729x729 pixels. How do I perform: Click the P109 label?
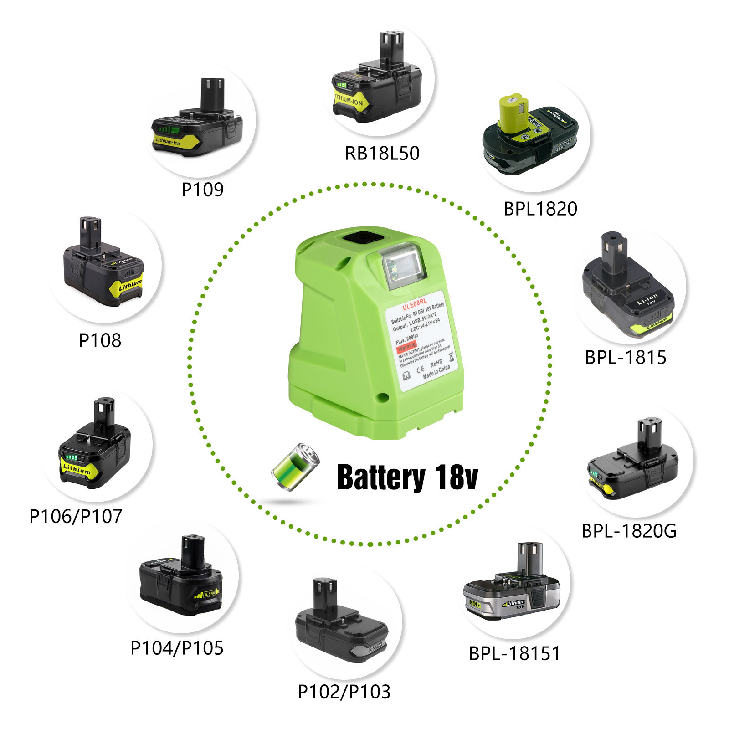point(202,190)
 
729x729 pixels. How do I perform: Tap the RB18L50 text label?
point(382,153)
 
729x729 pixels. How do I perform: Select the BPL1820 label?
point(540,209)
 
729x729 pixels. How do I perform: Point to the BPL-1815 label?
point(625,357)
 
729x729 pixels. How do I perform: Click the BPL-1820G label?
point(629,531)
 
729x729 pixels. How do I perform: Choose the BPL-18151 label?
point(514,653)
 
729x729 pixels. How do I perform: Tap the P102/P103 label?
point(344,692)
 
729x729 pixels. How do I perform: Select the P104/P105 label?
point(177,648)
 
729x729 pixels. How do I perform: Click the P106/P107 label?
point(76,516)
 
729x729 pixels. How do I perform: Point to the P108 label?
point(100,340)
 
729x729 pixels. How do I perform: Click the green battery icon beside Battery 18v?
point(295,467)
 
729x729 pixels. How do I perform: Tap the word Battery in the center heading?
point(380,477)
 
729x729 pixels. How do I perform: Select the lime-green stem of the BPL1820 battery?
point(510,112)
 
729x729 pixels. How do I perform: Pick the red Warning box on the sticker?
point(406,347)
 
